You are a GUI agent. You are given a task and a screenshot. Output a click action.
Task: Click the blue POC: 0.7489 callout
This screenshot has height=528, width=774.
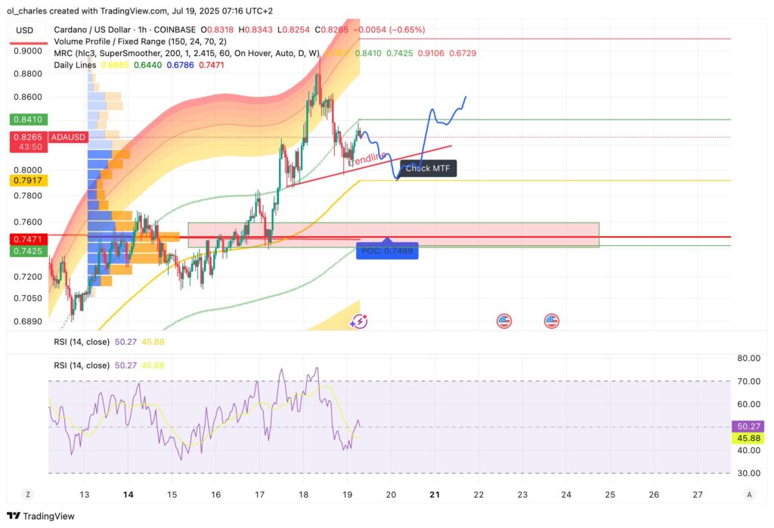(388, 250)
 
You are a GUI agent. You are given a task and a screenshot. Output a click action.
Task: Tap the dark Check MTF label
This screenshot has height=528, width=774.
(428, 168)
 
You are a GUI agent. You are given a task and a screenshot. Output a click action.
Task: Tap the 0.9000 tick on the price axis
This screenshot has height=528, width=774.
(29, 51)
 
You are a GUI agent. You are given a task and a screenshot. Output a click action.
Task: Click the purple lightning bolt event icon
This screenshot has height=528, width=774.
(358, 321)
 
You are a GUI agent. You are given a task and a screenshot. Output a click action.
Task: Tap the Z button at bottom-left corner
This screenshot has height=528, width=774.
(28, 494)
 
